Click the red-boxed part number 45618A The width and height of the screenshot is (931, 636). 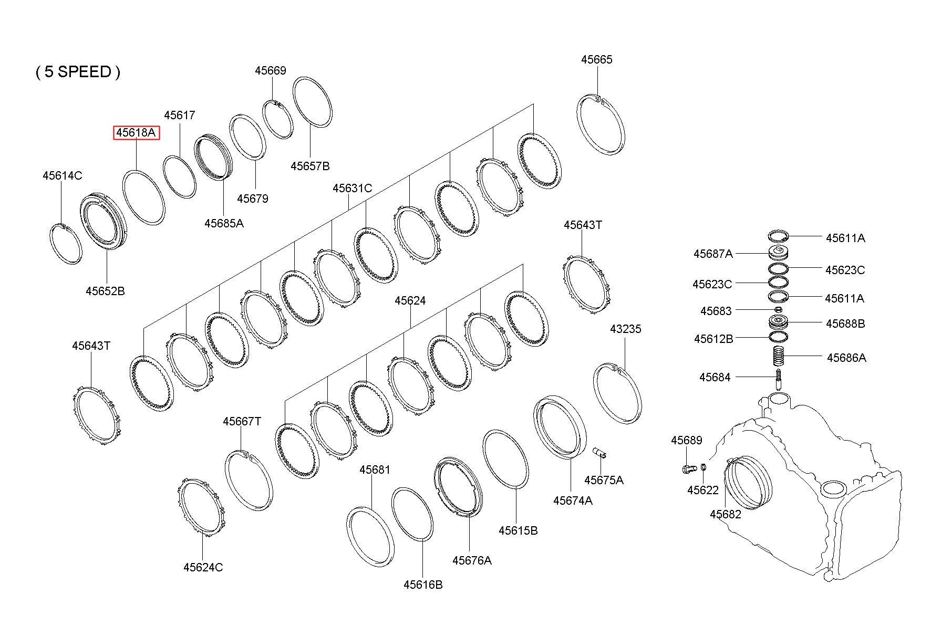click(137, 133)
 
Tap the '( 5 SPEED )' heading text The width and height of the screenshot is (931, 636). click(78, 72)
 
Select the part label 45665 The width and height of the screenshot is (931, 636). click(596, 59)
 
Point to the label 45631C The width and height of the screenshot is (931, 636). click(352, 188)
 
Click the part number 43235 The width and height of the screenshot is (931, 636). click(625, 329)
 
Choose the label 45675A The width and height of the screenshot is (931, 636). click(604, 480)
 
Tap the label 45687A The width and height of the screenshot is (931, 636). click(713, 254)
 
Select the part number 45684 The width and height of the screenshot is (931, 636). click(715, 377)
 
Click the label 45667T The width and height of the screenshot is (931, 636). click(242, 422)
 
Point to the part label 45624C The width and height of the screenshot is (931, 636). click(203, 567)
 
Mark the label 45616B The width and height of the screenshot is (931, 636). click(423, 585)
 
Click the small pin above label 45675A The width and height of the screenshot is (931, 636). click(599, 452)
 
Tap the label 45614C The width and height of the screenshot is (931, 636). click(62, 175)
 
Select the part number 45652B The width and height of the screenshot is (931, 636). click(106, 291)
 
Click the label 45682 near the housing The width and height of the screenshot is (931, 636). click(726, 514)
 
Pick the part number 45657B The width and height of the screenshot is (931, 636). click(310, 166)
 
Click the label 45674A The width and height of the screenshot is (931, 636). click(573, 501)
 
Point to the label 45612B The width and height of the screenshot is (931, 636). click(713, 339)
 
